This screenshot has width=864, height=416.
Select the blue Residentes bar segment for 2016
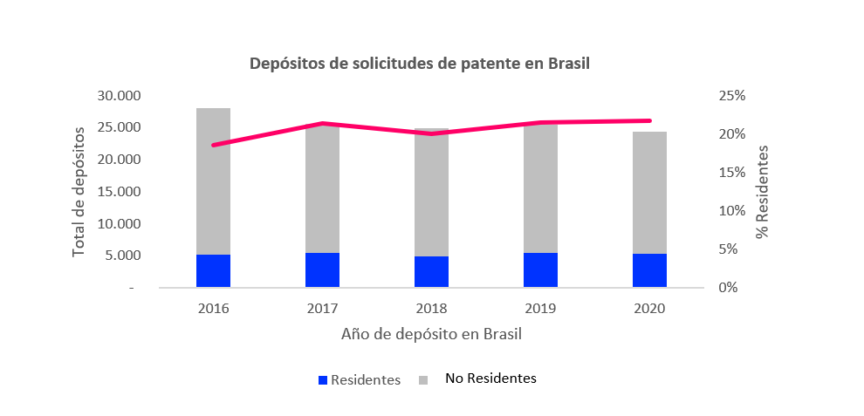point(213,270)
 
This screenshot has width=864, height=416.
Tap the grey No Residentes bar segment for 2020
point(649,192)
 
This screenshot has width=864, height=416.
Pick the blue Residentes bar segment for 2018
point(431,271)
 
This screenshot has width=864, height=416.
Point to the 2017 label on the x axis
point(322,309)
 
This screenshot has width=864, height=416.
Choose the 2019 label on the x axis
point(540,309)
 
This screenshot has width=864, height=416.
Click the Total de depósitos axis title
point(79,191)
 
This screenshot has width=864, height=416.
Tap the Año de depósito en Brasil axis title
point(431,334)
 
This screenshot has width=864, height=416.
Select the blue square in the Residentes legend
point(322,380)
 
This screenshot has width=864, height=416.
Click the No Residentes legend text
point(490,378)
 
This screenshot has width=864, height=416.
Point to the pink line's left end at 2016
point(214,145)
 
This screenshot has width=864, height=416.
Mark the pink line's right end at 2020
point(649,120)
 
